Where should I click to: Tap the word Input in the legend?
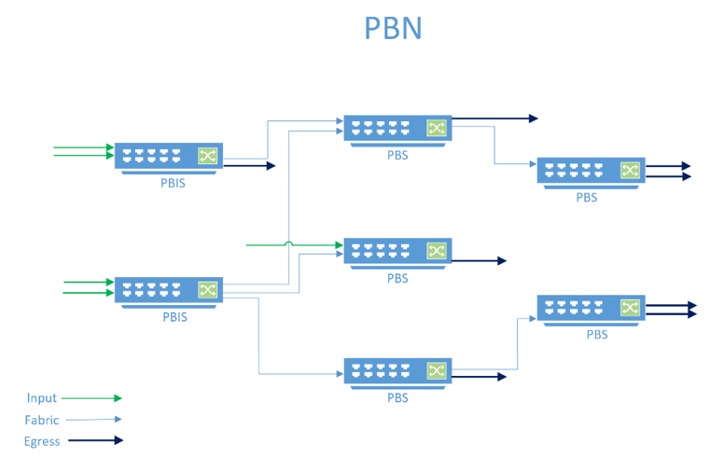pyautogui.click(x=41, y=398)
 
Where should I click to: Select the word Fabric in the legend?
pyautogui.click(x=42, y=420)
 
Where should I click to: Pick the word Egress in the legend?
pyautogui.click(x=42, y=441)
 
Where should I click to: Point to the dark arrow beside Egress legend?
pyautogui.click(x=93, y=440)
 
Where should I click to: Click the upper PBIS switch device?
pyautogui.click(x=169, y=157)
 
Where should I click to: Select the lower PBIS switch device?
pyautogui.click(x=169, y=290)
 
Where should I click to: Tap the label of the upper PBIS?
pyautogui.click(x=174, y=183)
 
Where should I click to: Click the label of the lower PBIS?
pyautogui.click(x=174, y=316)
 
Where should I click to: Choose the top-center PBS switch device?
pyautogui.click(x=397, y=129)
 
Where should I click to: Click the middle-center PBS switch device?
pyautogui.click(x=397, y=251)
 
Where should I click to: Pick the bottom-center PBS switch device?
pyautogui.click(x=397, y=371)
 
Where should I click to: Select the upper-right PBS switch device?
pyautogui.click(x=591, y=171)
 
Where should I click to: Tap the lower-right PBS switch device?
pyautogui.click(x=591, y=308)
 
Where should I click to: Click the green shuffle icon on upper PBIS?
pyautogui.click(x=208, y=156)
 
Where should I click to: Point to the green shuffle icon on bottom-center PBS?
pyautogui.click(x=437, y=371)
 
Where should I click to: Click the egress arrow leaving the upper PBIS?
pyautogui.click(x=250, y=166)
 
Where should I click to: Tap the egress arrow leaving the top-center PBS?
pyautogui.click(x=494, y=118)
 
